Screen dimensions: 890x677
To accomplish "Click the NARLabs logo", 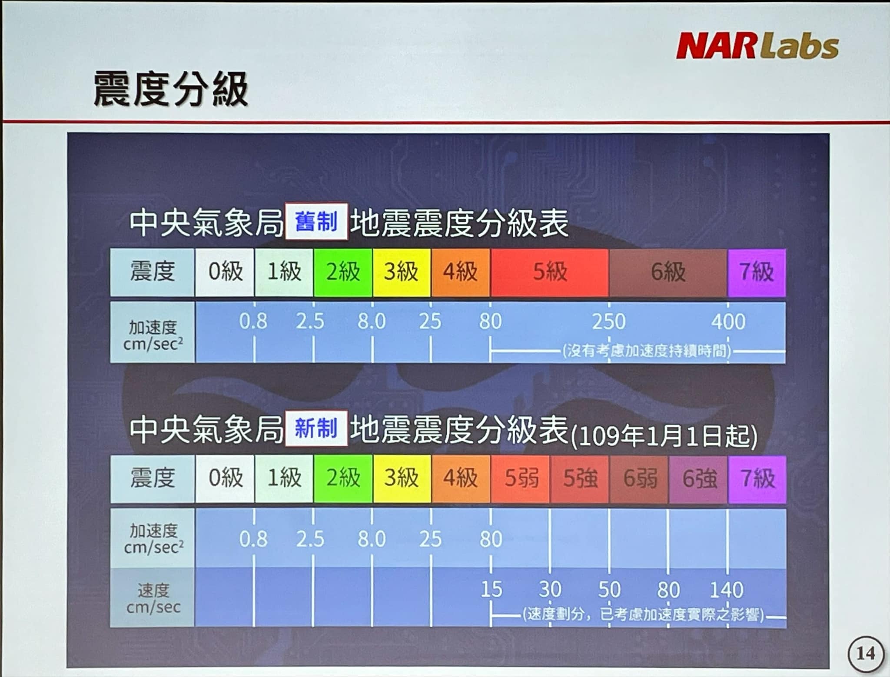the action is [757, 46].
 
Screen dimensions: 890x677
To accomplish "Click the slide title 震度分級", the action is [170, 89].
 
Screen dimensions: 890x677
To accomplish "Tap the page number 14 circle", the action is [865, 654].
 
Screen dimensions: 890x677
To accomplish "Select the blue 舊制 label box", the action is [316, 222].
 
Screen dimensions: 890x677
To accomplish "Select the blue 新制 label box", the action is [316, 428].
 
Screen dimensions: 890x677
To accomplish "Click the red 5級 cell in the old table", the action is [550, 272].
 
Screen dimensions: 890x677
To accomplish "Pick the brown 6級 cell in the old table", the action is [668, 272].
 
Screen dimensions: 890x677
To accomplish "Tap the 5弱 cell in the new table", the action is [521, 479].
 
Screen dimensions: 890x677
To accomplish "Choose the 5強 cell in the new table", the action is [580, 479].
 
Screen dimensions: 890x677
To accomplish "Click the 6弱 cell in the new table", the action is [639, 479].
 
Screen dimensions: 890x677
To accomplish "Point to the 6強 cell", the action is [698, 479].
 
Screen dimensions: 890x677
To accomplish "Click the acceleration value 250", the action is [609, 322].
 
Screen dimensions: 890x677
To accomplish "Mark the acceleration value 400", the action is [728, 322].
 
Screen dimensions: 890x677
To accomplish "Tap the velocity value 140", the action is [727, 590].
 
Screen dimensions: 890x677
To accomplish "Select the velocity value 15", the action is [491, 590].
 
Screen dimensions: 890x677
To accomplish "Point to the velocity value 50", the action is [609, 590].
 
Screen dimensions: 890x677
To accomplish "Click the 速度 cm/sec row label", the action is [153, 598].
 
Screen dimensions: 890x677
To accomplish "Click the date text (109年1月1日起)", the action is [663, 436].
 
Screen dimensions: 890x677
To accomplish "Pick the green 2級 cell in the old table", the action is [343, 272].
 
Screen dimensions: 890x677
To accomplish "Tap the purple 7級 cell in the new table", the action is [757, 479].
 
